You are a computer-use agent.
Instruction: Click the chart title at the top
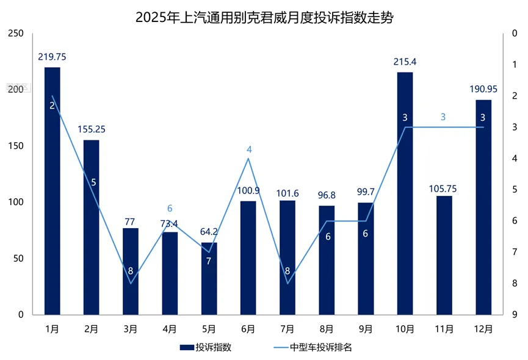pos(264,16)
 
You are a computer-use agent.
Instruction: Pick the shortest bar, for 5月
pos(209,278)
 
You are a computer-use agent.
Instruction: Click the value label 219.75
pos(52,57)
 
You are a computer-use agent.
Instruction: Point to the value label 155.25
pos(92,129)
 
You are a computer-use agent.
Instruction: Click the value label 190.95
pos(483,89)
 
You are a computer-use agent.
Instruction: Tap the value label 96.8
pos(327,195)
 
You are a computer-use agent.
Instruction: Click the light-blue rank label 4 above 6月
pos(248,149)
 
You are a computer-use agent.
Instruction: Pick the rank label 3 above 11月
pos(444,117)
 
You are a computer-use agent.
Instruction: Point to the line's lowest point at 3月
pos(131,283)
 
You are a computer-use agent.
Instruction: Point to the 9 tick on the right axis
pos(515,315)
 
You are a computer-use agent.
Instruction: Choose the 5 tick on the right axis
pos(515,190)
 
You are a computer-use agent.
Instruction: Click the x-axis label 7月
pos(288,329)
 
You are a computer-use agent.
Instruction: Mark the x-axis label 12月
pos(483,329)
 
